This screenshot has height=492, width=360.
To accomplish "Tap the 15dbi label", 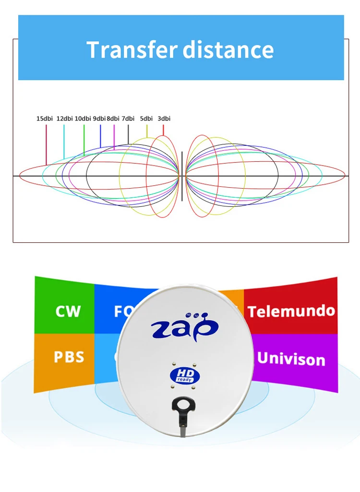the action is pos(45,119).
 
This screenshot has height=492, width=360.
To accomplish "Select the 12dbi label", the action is pos(65,119).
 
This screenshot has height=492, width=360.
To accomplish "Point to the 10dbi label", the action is pos(83,119).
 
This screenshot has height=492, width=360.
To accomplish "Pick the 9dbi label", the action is pos(99,119).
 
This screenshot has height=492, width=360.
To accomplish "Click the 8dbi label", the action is pos(113,119).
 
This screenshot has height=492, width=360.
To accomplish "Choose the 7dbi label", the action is pos(128,119).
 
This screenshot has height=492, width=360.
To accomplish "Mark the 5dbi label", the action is pos(146,119).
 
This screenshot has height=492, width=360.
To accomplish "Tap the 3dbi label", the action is pos(164,119).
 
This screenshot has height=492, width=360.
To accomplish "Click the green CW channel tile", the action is pos(68,311).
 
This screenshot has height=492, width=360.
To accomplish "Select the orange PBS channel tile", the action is pos(69,358).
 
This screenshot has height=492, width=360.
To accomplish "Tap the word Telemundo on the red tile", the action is pos(291,311).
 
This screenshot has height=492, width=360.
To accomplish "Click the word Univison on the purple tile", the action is pos(291,359).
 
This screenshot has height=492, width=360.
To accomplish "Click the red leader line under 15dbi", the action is pos(46,144).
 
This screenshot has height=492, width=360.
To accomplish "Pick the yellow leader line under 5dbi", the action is pos(147,132).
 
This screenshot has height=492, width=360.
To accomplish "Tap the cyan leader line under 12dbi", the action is pos(64,142).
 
